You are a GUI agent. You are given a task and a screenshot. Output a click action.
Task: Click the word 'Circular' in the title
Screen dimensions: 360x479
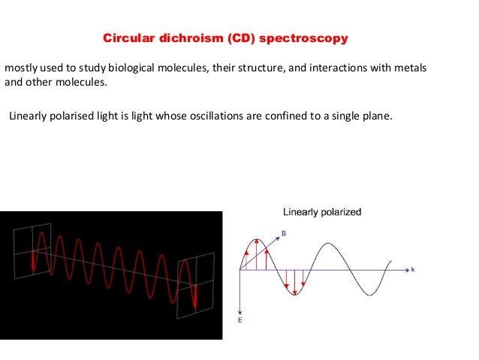point(125,37)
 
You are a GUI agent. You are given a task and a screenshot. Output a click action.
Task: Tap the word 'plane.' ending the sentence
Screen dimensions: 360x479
point(378,116)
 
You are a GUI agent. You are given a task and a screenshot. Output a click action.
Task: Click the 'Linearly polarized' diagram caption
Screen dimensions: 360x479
point(321,213)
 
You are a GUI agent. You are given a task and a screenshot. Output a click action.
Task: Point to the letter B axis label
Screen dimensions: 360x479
point(283,233)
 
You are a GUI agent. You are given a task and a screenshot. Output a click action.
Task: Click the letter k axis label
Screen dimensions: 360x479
point(412,268)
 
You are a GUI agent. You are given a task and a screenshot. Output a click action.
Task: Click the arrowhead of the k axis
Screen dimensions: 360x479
point(405,269)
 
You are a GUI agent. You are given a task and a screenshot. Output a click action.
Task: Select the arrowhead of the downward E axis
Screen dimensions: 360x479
point(240,311)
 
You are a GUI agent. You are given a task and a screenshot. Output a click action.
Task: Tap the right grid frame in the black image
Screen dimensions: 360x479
point(194,282)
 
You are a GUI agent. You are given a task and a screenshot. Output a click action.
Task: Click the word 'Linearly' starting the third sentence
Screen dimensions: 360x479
point(29,116)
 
